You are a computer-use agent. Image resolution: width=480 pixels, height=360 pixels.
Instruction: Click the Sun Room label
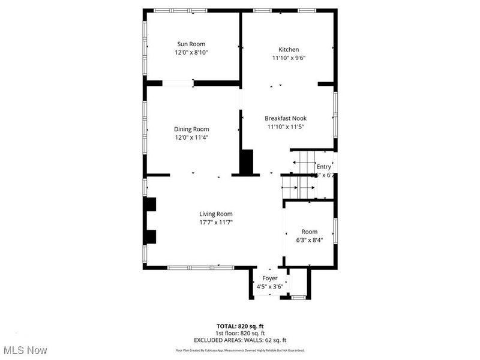[191, 44]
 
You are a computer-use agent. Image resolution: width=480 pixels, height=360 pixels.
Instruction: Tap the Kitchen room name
[288, 50]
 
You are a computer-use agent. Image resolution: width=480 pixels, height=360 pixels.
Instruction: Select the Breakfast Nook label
[286, 118]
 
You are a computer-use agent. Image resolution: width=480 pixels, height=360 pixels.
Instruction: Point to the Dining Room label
[191, 129]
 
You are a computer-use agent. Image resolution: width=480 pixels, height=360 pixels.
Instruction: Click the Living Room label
[216, 214]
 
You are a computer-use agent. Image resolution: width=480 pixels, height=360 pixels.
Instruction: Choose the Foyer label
[269, 278]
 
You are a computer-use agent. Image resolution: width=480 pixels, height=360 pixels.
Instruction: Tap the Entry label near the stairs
[323, 167]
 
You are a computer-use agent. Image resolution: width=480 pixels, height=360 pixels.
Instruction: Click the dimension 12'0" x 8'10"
[191, 53]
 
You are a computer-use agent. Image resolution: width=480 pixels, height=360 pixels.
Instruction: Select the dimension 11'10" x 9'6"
[288, 58]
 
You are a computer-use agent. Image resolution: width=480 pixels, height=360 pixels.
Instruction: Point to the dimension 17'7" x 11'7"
[216, 222]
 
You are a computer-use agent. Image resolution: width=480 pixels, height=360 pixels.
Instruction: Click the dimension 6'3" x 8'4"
[310, 240]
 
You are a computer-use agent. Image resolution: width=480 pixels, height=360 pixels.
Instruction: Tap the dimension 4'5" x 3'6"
[269, 286]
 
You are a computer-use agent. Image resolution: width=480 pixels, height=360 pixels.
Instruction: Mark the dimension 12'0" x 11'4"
[191, 137]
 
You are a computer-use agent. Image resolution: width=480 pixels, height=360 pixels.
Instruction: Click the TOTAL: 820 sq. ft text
[240, 326]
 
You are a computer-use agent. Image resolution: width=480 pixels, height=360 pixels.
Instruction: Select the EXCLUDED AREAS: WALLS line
[240, 340]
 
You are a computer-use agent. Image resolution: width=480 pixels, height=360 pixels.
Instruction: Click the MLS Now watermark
[25, 350]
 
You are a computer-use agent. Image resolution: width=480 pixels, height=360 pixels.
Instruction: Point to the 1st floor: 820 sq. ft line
[240, 333]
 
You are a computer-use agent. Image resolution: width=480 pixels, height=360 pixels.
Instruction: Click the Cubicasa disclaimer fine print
[240, 350]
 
